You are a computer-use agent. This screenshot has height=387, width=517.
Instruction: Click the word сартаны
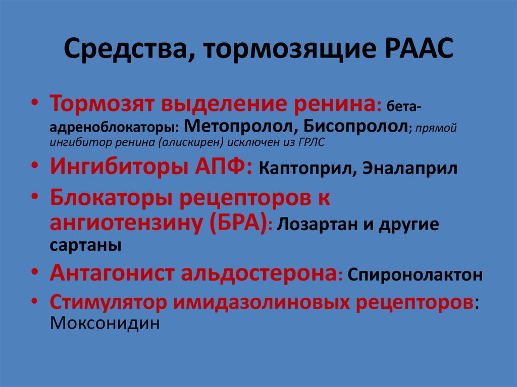coord(86,246)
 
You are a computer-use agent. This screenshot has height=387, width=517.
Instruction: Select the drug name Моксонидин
coord(105,322)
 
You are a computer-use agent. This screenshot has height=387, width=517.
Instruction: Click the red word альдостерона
coord(255,273)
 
